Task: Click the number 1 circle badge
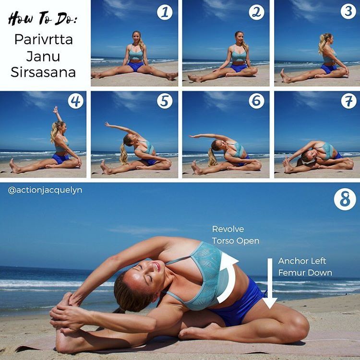pos(165,12)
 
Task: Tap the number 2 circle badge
pos(256,12)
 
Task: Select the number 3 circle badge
pos(348,11)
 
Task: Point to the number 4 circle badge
pos(75,101)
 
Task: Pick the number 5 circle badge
pos(165,101)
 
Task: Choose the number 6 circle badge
pos(256,101)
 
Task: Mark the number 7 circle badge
pos(349,101)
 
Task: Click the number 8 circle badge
pos(345,199)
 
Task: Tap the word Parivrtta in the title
pos(44,39)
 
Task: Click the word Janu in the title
pos(43,56)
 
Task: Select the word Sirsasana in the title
pos(43,72)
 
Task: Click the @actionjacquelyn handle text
pos(45,191)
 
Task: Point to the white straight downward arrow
pos(270,283)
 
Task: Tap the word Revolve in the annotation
pos(228,229)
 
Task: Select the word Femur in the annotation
pos(290,273)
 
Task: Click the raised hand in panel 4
pos(56,110)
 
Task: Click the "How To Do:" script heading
pos(42,19)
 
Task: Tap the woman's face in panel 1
pos(136,37)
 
